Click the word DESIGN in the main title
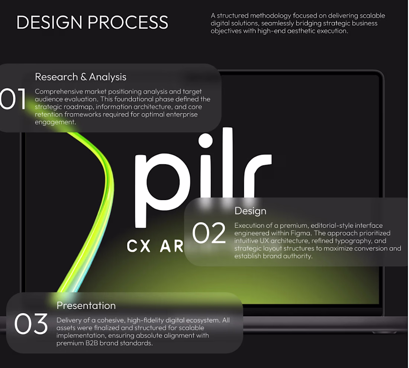49,22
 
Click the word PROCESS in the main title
128,22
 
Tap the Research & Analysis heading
81,77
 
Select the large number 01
13,99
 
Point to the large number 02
209,233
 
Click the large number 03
31,324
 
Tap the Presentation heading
86,305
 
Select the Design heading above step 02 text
250,211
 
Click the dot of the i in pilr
206,140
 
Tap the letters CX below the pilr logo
139,246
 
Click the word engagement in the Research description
55,122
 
